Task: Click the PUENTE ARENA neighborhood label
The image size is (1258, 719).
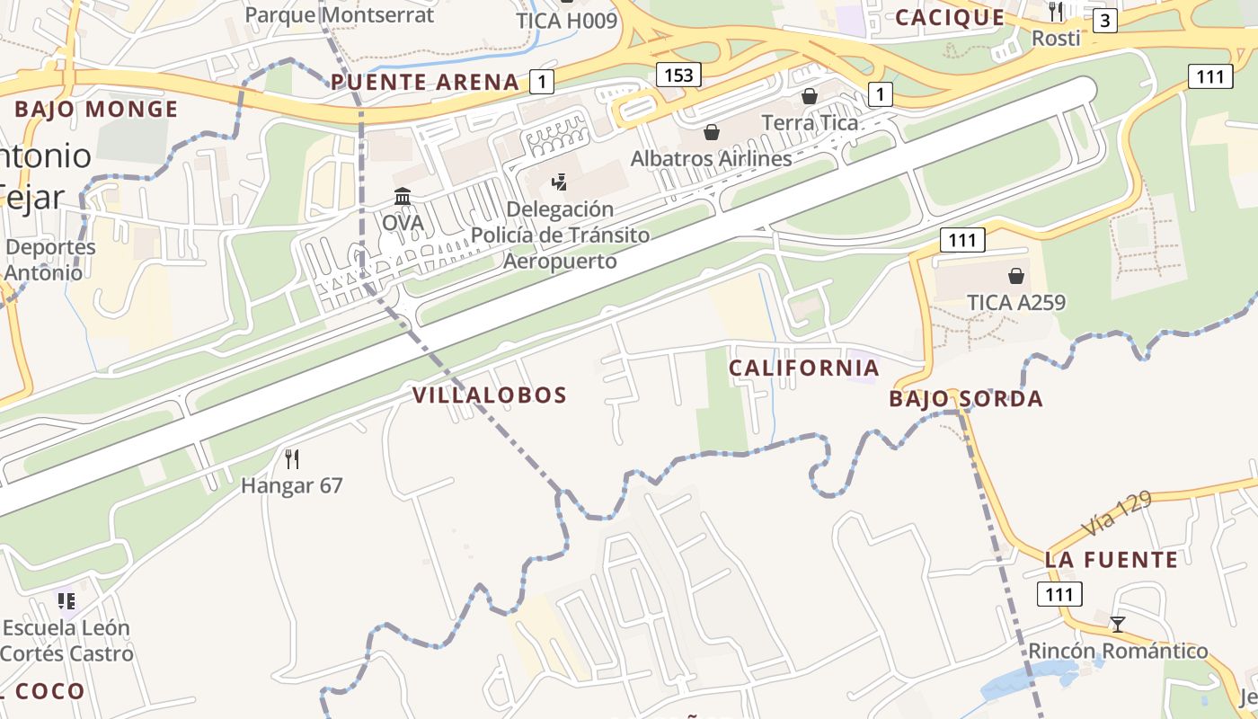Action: (425, 82)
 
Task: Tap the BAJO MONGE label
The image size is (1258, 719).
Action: (96, 110)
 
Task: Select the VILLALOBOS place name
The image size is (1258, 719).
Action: (490, 395)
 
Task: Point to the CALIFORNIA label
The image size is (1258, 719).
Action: (803, 368)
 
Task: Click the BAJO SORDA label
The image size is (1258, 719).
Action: (966, 398)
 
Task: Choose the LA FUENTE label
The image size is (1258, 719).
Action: (1111, 560)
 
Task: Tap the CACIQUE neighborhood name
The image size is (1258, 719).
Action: (950, 17)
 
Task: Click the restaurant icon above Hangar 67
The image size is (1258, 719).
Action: (291, 459)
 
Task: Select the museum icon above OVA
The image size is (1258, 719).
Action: (403, 196)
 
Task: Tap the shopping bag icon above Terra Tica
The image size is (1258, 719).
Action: (810, 96)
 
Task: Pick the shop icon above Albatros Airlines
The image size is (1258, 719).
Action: (712, 133)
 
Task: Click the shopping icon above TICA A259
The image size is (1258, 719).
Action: (1016, 276)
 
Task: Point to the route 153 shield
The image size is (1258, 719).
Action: (678, 75)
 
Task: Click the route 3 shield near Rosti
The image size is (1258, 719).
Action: (1104, 20)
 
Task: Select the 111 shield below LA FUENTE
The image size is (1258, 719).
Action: (1059, 594)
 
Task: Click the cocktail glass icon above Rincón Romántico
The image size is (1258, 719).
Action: (1118, 624)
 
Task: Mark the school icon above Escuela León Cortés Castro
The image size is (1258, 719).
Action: (66, 600)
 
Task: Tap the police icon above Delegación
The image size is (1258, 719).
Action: (559, 182)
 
